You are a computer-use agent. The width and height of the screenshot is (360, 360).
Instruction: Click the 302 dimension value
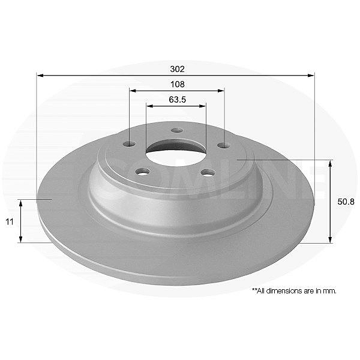(x=177, y=69)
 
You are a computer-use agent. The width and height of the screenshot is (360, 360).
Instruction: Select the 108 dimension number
(x=178, y=84)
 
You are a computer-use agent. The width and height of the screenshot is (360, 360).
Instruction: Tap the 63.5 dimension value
(x=178, y=100)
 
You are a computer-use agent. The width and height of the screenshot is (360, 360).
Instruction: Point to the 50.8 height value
(x=346, y=202)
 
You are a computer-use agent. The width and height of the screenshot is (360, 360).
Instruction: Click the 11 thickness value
(x=10, y=222)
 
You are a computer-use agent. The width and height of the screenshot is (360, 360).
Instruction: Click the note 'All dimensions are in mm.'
(x=295, y=291)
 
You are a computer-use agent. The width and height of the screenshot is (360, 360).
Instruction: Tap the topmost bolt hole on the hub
(x=177, y=130)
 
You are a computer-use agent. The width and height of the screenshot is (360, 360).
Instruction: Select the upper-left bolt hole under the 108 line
(x=129, y=144)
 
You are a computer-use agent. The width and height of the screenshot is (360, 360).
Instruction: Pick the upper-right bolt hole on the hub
(x=224, y=145)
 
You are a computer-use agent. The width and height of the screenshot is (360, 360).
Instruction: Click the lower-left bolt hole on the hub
(x=143, y=172)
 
